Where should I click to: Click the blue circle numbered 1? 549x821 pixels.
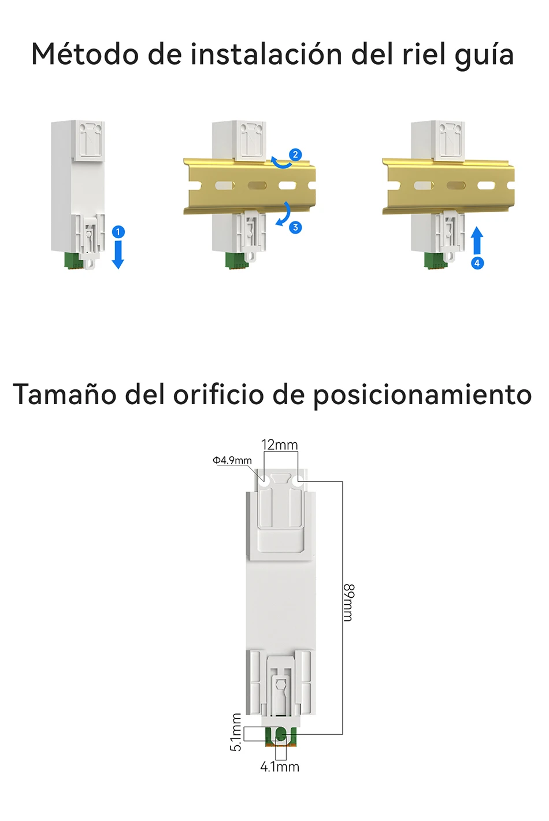click(118, 232)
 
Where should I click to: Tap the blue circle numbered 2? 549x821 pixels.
click(295, 155)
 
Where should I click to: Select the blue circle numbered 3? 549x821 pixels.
click(295, 227)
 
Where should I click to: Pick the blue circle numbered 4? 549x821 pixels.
click(477, 263)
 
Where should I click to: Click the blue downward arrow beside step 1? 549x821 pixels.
click(118, 255)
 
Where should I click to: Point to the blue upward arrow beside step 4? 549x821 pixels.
click(477, 241)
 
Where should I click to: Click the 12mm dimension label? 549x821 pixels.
click(280, 445)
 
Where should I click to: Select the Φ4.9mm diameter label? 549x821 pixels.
click(232, 460)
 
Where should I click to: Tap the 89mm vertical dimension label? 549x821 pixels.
click(348, 602)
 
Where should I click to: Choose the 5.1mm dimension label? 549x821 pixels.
click(236, 732)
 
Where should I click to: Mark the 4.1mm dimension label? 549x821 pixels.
click(280, 767)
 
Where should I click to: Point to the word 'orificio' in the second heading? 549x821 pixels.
click(218, 394)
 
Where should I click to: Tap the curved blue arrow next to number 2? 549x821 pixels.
click(281, 162)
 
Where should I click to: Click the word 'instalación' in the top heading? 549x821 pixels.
click(266, 54)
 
